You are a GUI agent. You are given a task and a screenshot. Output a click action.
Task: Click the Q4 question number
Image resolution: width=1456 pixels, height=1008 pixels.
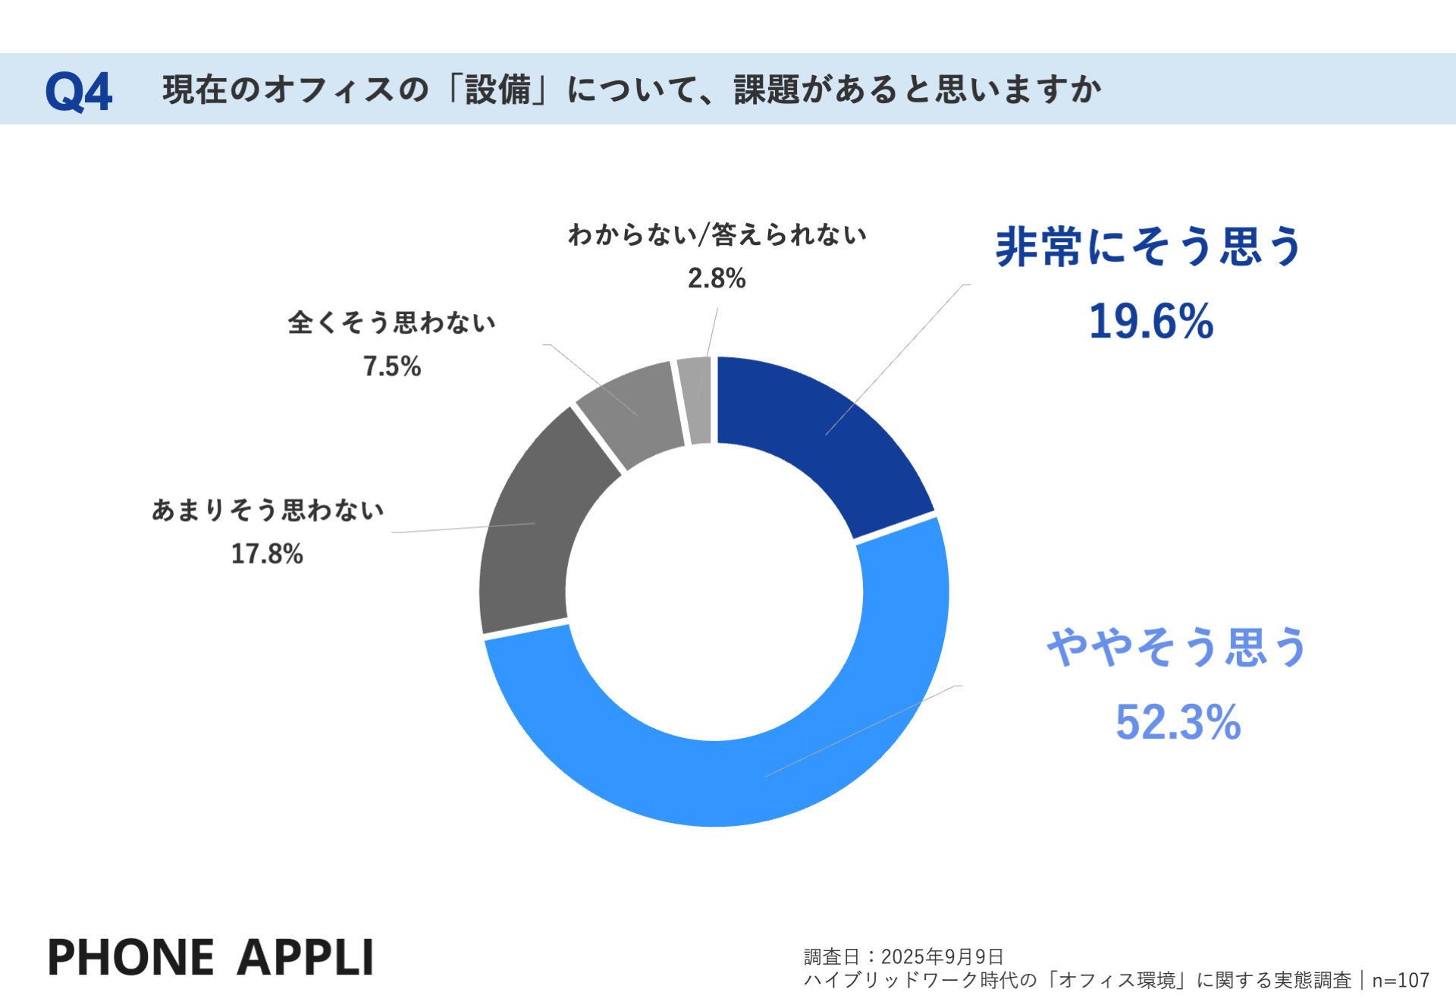coord(79,91)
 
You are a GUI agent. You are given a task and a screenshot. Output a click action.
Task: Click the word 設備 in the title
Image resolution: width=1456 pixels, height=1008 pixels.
coord(498,89)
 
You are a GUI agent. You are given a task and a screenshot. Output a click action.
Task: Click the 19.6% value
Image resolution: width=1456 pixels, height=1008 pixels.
coord(1150,322)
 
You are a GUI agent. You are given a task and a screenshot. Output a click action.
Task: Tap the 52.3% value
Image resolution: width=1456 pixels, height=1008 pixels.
coord(1178,721)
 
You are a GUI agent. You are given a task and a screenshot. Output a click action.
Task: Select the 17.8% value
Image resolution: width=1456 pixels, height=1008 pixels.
coord(267,554)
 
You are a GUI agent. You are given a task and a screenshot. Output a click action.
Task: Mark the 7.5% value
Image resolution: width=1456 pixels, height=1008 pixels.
coord(392,366)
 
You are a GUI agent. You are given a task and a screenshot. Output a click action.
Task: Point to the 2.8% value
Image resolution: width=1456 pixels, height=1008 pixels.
coord(717,278)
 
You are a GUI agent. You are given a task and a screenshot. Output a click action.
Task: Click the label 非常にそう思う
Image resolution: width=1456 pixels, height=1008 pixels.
coord(1148,247)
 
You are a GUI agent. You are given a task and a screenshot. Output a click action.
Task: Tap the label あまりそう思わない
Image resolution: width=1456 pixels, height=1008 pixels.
coord(268,510)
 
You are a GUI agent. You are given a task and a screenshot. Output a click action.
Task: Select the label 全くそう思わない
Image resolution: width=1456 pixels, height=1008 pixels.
coord(392,322)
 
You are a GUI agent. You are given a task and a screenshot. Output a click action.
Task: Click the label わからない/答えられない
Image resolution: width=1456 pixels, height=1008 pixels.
coord(717,235)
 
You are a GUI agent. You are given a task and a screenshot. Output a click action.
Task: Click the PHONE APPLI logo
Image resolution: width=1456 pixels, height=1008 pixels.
coord(211,956)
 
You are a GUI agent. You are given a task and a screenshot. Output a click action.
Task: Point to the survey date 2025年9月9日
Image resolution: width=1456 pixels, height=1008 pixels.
coord(942,956)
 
